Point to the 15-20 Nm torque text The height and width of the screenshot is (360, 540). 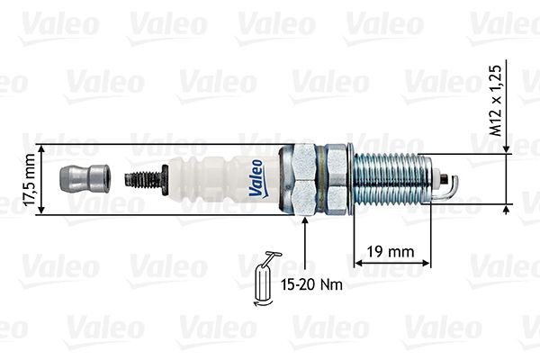pyautogui.click(x=313, y=284)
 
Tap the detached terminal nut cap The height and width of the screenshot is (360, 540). pyautogui.click(x=84, y=178)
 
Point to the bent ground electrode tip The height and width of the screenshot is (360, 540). pyautogui.click(x=451, y=185)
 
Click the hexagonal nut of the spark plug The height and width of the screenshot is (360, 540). pyautogui.click(x=321, y=177)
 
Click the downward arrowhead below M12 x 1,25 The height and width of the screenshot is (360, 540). pyautogui.click(x=509, y=147)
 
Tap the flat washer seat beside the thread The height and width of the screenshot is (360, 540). pyautogui.click(x=352, y=177)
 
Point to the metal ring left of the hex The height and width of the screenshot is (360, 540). pyautogui.click(x=287, y=177)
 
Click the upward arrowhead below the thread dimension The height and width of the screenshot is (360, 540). pyautogui.click(x=509, y=211)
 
